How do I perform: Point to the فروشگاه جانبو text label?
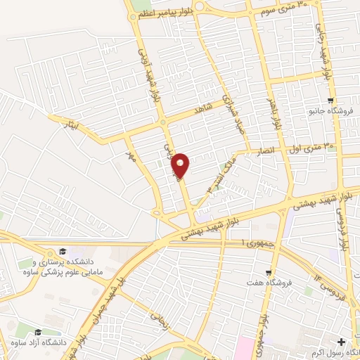[329, 112]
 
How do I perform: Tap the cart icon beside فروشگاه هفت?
[269, 273]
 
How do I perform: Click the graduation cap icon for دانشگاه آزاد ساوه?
[38, 332]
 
